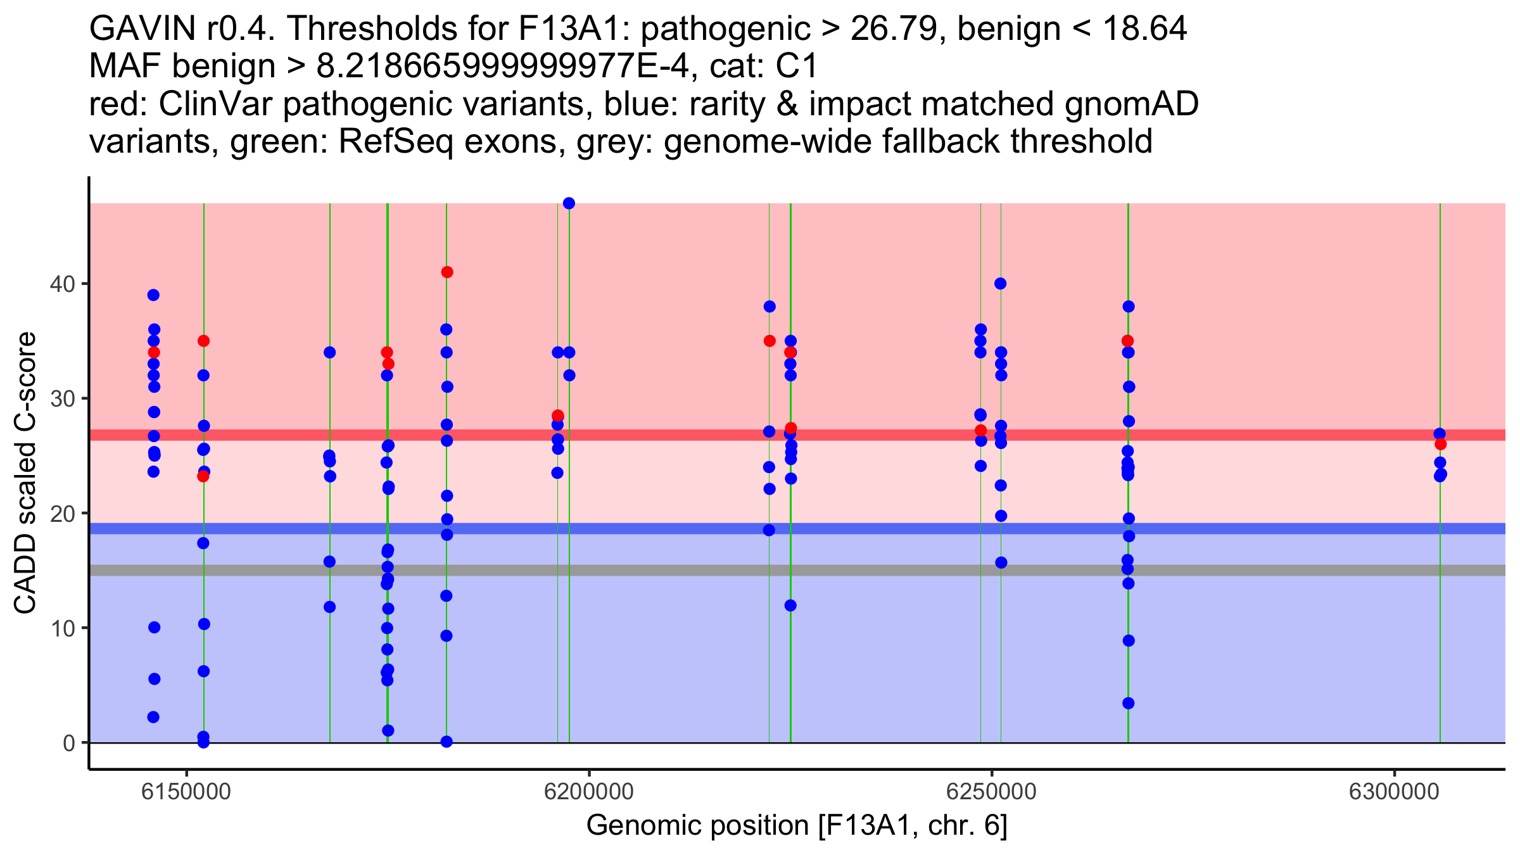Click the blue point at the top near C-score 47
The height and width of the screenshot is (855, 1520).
pos(569,203)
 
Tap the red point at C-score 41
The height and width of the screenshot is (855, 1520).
pos(447,272)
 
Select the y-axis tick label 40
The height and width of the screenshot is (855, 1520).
pos(61,284)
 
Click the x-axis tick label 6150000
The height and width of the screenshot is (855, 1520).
pos(186,792)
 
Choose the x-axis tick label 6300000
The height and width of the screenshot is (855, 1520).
pos(1395,792)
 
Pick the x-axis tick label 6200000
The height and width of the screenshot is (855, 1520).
pos(589,792)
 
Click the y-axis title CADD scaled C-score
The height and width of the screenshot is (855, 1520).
pos(25,473)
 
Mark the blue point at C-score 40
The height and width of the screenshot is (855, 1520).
pos(1000,284)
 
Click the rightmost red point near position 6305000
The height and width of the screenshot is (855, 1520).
pos(1440,444)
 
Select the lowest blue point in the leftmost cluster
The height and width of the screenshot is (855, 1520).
pos(153,717)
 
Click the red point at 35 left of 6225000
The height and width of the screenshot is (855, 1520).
pos(769,341)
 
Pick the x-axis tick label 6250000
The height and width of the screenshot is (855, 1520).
pos(992,792)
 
